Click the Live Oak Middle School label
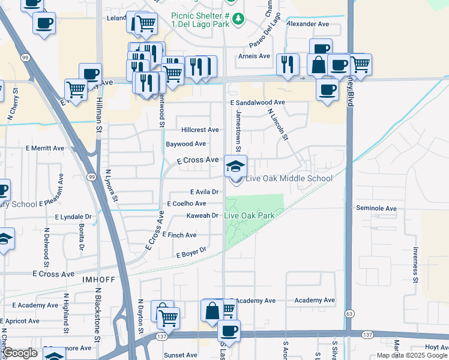pyautogui.click(x=289, y=179)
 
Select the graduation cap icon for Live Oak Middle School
pyautogui.click(x=235, y=166)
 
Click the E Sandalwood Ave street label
pyautogui.click(x=258, y=103)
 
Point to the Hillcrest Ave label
pyautogui.click(x=200, y=130)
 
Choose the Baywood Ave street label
pyautogui.click(x=186, y=144)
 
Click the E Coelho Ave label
pyautogui.click(x=187, y=204)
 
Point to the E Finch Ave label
pyautogui.click(x=179, y=235)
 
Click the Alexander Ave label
pyautogui.click(x=309, y=24)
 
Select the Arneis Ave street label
pyautogui.click(x=255, y=56)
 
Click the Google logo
pyautogui.click(x=20, y=353)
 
